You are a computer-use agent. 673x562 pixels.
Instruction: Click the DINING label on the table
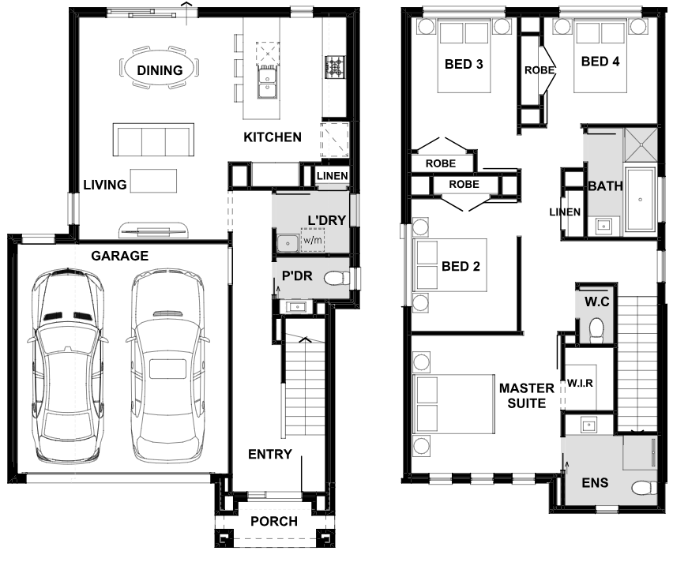(160, 70)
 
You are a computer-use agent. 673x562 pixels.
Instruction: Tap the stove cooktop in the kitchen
(335, 67)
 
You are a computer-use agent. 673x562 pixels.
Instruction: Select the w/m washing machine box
(313, 239)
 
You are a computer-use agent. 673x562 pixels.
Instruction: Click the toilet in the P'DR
(337, 279)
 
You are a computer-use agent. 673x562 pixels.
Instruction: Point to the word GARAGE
(120, 256)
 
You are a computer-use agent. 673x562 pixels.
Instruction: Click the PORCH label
(274, 521)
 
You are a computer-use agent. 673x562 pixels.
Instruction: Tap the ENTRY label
(270, 454)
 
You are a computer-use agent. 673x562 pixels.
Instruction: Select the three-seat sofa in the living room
(153, 140)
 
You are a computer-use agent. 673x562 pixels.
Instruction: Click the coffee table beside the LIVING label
(153, 181)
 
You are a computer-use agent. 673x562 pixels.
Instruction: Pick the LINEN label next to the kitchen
(333, 176)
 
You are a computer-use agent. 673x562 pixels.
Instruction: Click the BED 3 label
(464, 65)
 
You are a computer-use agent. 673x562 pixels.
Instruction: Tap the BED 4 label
(600, 62)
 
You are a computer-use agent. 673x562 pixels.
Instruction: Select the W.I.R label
(580, 383)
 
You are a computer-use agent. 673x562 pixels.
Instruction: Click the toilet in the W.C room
(596, 331)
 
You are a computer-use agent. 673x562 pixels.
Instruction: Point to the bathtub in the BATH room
(640, 200)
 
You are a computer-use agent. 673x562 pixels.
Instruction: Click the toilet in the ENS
(644, 488)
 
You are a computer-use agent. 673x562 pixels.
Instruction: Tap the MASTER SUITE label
(527, 395)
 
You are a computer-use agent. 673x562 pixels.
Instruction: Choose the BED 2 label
(461, 267)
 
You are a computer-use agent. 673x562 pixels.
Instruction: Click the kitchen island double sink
(267, 83)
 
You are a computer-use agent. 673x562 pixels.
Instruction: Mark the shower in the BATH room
(641, 144)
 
